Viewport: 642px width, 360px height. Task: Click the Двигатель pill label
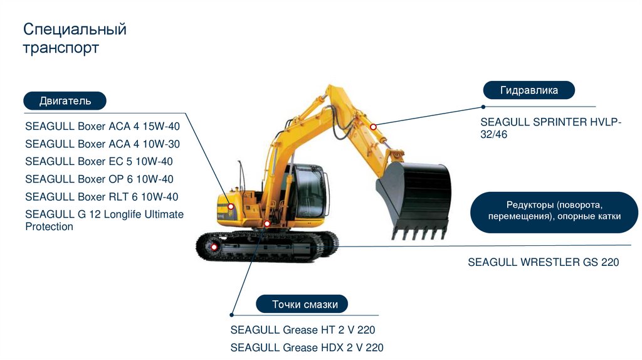click(65, 101)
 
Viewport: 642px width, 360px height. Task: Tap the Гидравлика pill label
click(529, 90)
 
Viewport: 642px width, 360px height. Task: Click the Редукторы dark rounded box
click(554, 211)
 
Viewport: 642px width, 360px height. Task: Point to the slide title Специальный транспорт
click(75, 39)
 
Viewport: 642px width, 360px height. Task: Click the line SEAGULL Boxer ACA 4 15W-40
click(102, 126)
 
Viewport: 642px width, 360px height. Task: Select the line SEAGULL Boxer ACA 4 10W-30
click(102, 144)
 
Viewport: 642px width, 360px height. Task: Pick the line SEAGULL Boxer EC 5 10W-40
click(98, 161)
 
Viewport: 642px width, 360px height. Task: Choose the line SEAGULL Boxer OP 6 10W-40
click(99, 179)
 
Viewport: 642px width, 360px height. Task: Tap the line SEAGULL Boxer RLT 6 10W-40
click(102, 196)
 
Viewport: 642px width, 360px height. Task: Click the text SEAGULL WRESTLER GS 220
click(543, 262)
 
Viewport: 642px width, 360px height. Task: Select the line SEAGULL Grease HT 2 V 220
click(303, 330)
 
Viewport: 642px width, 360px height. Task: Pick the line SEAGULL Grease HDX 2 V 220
click(307, 347)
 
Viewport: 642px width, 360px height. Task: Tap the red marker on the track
click(214, 247)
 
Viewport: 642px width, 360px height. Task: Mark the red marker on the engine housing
click(231, 206)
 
